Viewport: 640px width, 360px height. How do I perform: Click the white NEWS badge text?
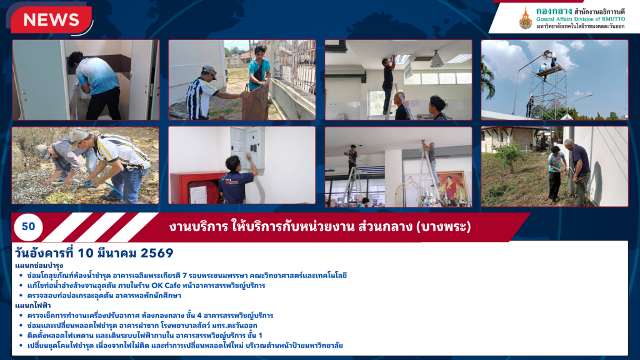coord(51,20)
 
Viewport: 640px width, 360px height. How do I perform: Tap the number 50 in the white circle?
coord(28,226)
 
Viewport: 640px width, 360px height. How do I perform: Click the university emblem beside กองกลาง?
coord(525,18)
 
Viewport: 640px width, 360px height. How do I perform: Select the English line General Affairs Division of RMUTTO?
coord(581,19)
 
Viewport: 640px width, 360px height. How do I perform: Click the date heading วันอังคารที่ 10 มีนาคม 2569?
coord(94,253)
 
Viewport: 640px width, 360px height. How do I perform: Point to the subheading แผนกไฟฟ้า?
coord(33,305)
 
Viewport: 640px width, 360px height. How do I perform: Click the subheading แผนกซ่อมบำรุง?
coord(39,266)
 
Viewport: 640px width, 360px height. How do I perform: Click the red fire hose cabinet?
coord(198,188)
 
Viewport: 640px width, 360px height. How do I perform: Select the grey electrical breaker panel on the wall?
coord(247,147)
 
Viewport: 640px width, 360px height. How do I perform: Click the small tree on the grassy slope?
coord(510,156)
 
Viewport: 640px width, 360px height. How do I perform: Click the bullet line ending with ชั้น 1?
coord(144,336)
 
